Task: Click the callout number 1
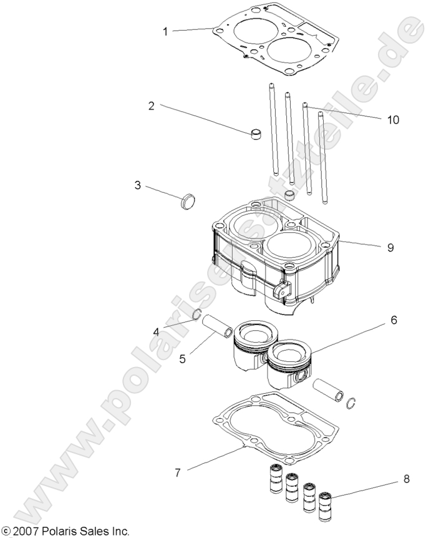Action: [165, 31]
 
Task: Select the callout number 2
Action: [151, 105]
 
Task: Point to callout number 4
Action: [157, 331]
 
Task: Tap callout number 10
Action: [393, 120]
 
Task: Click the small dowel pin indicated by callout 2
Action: [255, 134]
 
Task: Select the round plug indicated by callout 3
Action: [187, 202]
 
